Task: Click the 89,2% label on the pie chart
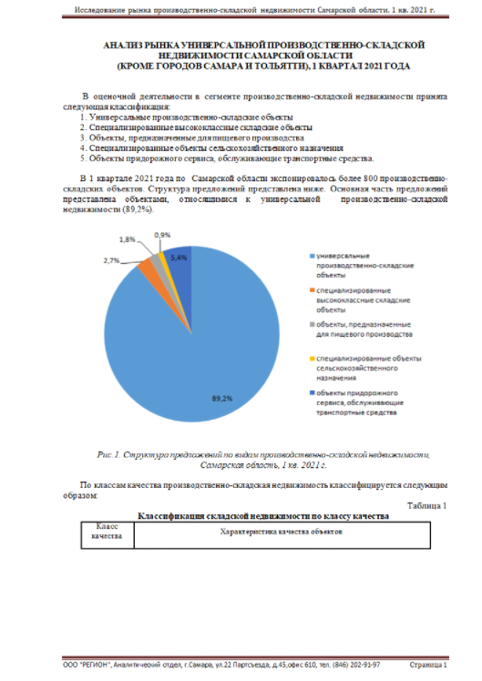point(221,398)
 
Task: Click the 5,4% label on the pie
point(179,258)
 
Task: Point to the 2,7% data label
point(112,260)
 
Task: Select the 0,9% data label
point(162,235)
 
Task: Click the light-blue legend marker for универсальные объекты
point(313,256)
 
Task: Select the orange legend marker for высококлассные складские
point(313,291)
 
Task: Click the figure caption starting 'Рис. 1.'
point(262,458)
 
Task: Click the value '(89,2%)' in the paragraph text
point(137,209)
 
